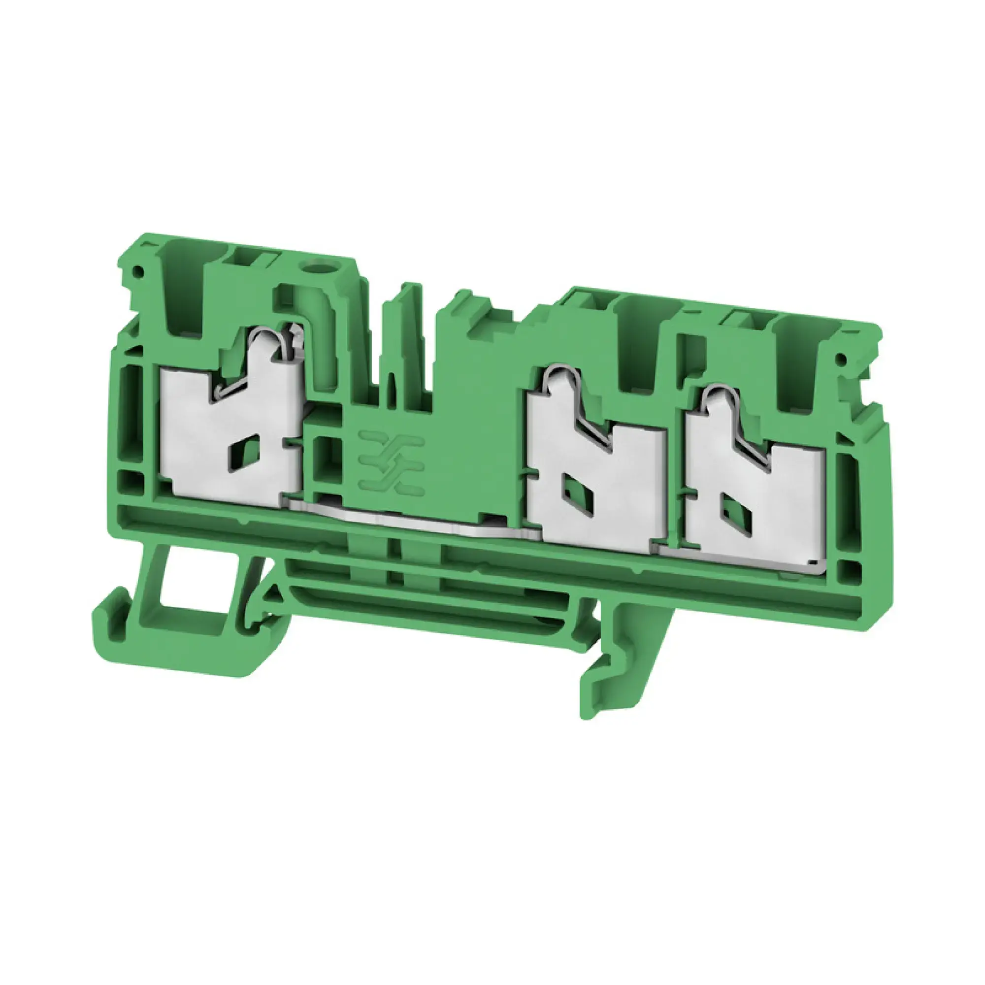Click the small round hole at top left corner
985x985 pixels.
click(136, 271)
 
